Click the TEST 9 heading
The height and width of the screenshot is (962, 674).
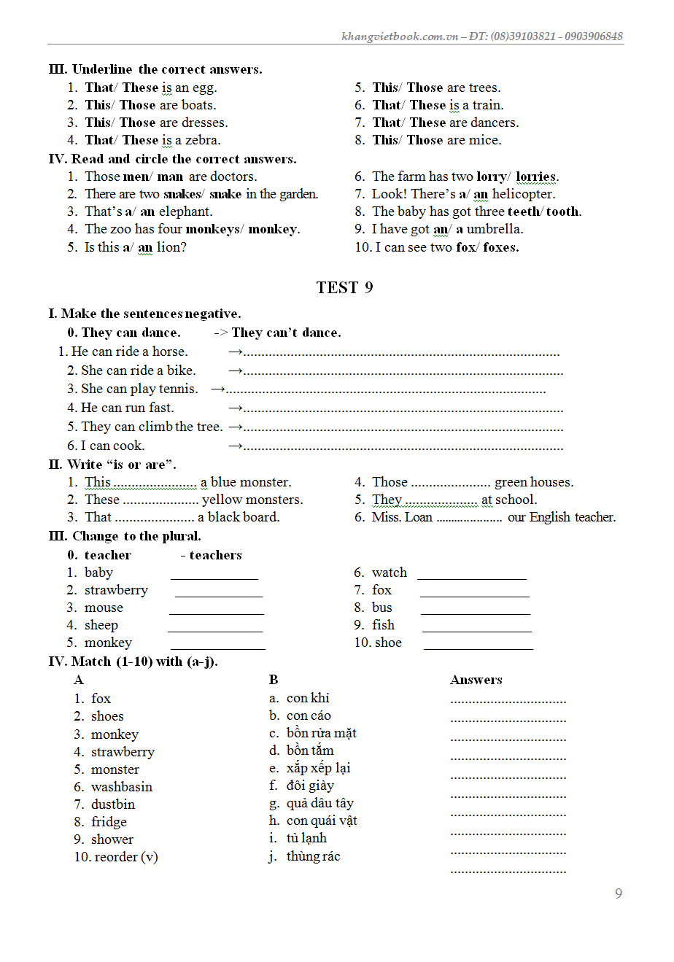tap(344, 287)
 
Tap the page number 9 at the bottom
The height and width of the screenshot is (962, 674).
tap(619, 893)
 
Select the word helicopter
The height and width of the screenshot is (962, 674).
tap(523, 194)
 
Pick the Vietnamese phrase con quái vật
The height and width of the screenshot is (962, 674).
tap(322, 821)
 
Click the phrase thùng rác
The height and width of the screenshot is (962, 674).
tap(313, 856)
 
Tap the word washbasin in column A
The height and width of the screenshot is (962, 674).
tap(122, 787)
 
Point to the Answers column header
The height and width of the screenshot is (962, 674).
tap(476, 680)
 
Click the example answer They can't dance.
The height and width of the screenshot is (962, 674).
tap(286, 333)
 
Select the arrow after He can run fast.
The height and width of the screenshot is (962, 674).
tap(235, 408)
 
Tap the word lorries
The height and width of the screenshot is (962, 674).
tap(536, 177)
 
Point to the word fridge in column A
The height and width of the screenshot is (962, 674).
tap(109, 822)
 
